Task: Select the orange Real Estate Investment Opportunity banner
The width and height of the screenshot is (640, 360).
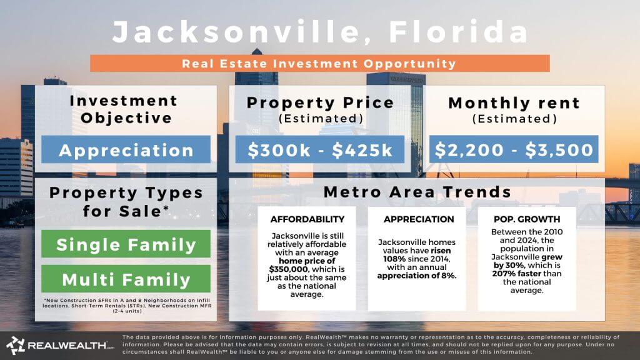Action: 319,63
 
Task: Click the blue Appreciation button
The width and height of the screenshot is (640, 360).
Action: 126,150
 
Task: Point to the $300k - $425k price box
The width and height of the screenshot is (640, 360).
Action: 319,150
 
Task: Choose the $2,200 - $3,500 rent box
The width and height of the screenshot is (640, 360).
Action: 514,150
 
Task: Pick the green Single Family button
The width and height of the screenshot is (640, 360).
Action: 126,244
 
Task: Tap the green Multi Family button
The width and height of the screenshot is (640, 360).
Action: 126,279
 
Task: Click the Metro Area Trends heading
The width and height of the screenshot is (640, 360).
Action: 417,192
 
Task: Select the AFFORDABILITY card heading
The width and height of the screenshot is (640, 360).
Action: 307,219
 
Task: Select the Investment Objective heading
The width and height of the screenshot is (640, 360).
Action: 123,109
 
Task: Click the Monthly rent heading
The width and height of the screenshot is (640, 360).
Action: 514,103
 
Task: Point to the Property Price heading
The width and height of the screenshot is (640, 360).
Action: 320,103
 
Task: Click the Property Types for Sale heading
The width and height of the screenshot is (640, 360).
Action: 126,201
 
